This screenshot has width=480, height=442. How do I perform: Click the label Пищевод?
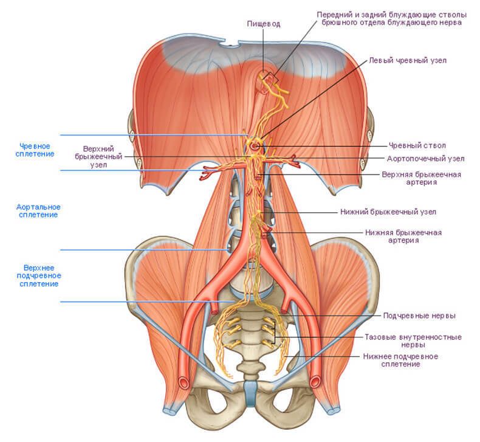(264, 24)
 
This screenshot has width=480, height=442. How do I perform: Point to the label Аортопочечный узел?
(426, 159)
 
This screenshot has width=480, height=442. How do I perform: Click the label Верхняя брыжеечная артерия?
(421, 178)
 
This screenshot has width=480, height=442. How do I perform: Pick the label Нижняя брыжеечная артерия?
(403, 236)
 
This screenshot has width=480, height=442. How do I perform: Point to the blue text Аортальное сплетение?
(38, 211)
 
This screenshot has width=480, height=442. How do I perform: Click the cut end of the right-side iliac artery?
(315, 382)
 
